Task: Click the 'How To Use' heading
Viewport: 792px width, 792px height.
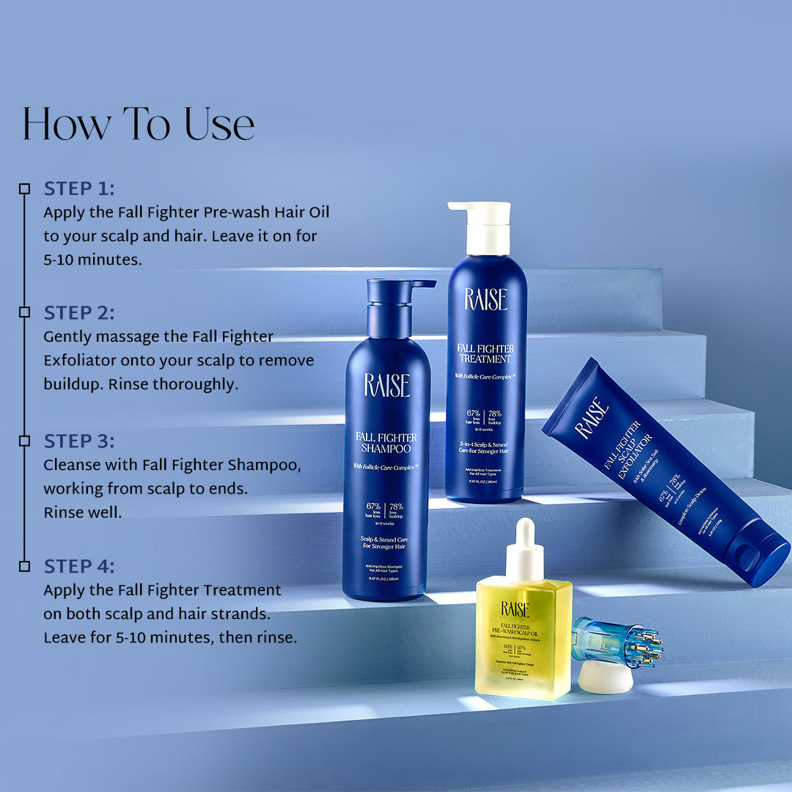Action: [138, 125]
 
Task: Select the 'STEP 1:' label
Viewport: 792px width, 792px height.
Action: [79, 188]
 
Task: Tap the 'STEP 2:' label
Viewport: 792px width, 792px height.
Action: [79, 313]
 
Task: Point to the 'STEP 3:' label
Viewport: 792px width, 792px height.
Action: [79, 441]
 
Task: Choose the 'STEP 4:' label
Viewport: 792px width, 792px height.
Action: [79, 566]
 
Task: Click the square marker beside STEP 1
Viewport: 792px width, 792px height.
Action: [24, 188]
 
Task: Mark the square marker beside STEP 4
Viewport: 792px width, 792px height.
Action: [24, 566]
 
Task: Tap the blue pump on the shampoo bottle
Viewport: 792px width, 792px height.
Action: [396, 301]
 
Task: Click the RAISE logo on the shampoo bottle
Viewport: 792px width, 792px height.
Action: [386, 385]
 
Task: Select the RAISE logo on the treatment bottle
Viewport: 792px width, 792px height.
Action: [485, 299]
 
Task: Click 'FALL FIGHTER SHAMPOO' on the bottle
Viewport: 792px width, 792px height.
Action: [386, 442]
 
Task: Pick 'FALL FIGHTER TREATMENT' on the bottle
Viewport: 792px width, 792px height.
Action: [485, 353]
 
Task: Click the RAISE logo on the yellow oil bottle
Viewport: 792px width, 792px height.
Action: [515, 608]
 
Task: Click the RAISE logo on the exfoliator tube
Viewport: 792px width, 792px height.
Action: [592, 419]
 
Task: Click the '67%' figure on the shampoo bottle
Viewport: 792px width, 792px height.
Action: [374, 506]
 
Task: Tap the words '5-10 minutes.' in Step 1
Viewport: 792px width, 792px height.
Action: [92, 260]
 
